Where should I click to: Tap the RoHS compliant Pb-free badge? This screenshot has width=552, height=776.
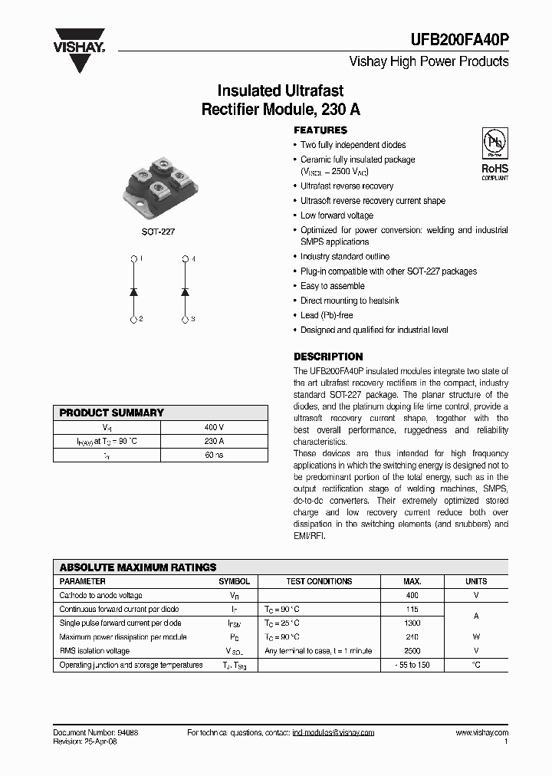[x=494, y=153]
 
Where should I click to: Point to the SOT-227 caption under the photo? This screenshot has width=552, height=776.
[x=158, y=231]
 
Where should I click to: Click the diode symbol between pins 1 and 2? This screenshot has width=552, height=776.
[x=134, y=291]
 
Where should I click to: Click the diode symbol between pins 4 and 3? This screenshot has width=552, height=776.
[x=185, y=291]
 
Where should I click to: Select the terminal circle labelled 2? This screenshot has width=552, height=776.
[x=134, y=318]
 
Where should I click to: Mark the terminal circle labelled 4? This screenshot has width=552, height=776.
[x=185, y=259]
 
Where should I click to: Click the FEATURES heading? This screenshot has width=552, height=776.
[x=320, y=130]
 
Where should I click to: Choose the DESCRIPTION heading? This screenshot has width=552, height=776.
[x=328, y=357]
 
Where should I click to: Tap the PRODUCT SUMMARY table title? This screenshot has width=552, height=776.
[x=112, y=413]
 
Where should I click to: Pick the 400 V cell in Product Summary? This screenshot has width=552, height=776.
[x=214, y=427]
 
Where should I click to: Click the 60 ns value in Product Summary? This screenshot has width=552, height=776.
[x=214, y=455]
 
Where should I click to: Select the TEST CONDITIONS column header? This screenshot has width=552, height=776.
[x=318, y=581]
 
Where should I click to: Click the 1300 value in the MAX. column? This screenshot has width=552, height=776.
[x=412, y=623]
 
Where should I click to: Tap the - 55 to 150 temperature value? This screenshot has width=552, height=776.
[x=412, y=665]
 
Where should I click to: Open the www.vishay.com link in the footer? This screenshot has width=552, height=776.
[x=481, y=733]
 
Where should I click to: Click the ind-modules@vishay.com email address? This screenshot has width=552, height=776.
[x=333, y=733]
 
